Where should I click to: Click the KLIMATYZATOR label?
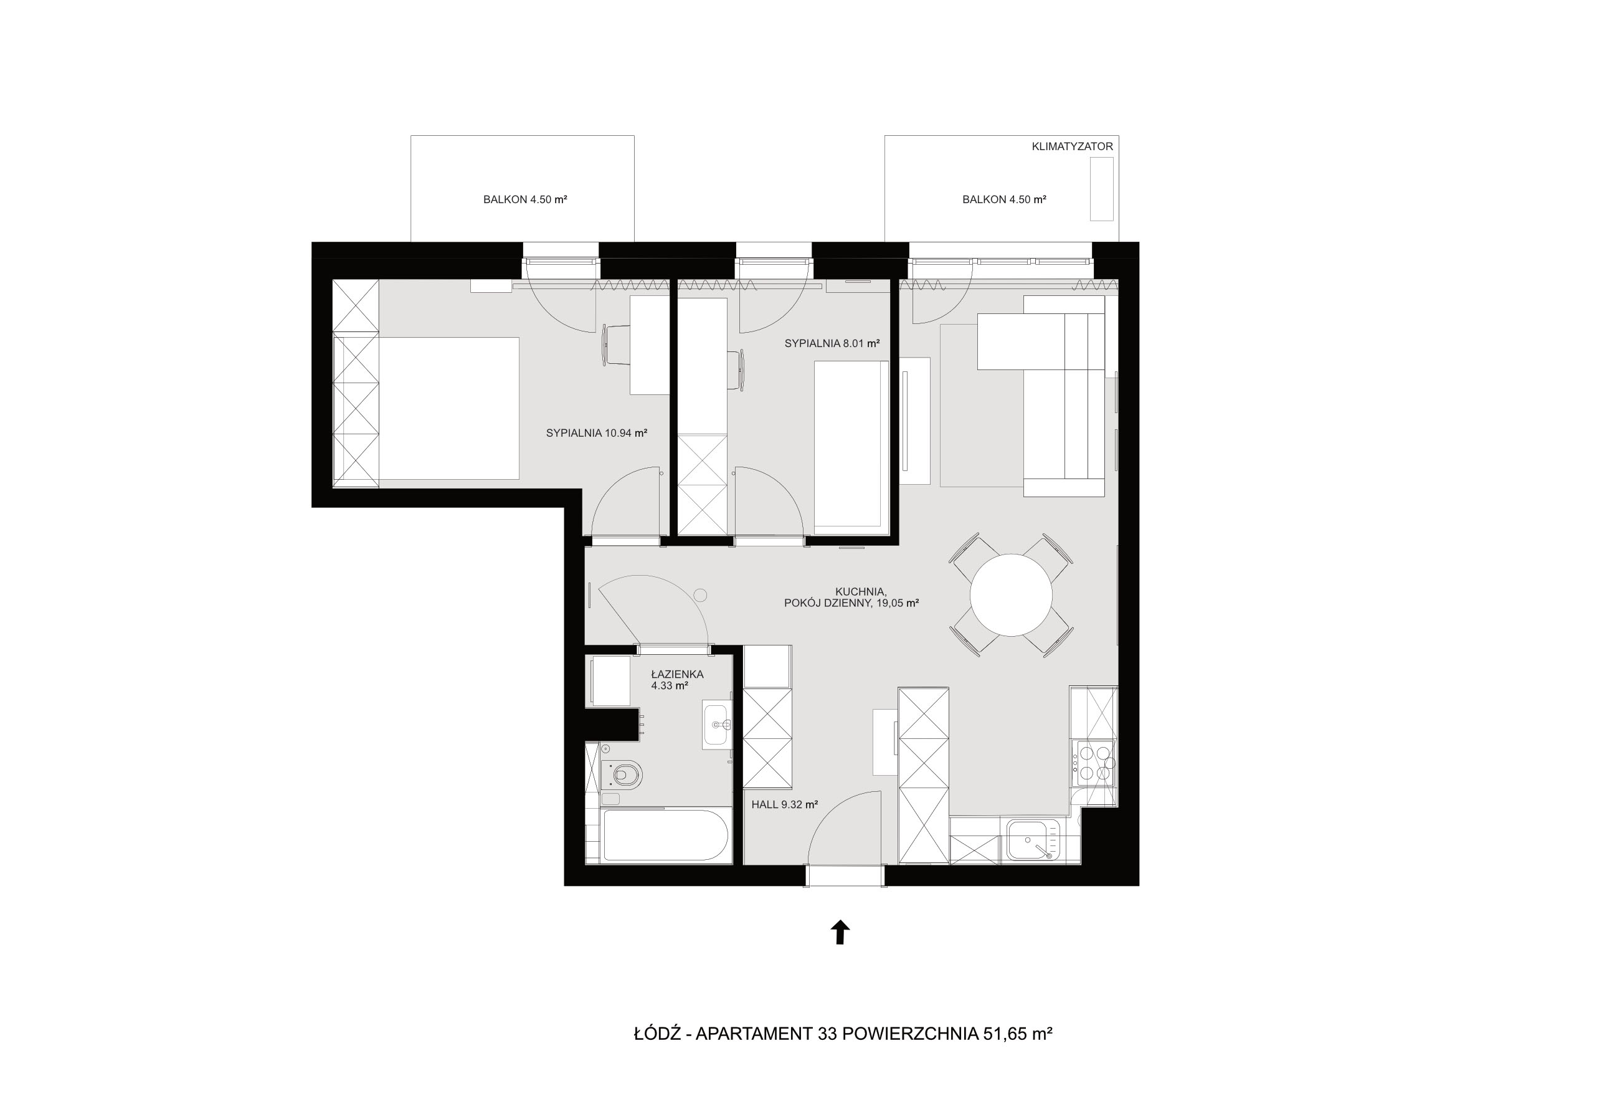pos(1072,146)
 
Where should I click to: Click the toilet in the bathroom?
pos(622,774)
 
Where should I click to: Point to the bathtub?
pos(666,835)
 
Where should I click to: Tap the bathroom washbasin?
pos(717,725)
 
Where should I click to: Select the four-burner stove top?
pos(1095,764)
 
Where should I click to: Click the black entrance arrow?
pos(840,932)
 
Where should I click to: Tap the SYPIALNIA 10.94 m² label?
pos(597,433)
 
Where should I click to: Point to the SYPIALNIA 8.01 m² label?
pos(832,343)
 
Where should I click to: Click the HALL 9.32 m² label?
pos(784,804)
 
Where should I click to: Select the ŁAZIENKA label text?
pos(677,674)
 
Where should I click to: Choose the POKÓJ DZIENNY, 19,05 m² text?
pos(851,603)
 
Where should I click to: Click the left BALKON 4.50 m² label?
pos(525,199)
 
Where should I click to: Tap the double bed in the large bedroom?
pos(448,408)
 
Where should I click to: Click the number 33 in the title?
pos(827,1034)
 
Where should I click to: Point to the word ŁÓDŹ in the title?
pos(657,1032)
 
